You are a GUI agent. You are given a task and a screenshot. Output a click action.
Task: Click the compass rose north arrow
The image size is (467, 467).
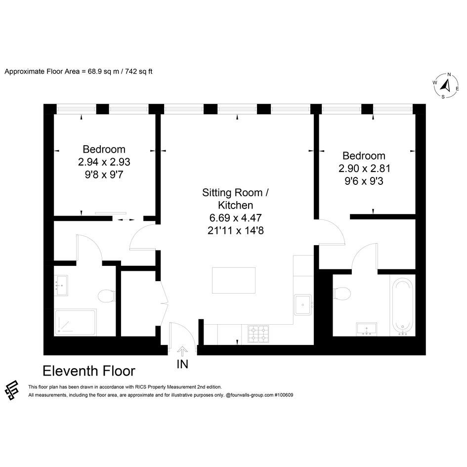(x=446, y=86)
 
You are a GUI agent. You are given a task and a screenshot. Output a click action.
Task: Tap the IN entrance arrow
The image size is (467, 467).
(x=182, y=352)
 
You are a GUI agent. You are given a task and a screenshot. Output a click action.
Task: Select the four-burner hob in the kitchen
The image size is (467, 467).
(x=258, y=334)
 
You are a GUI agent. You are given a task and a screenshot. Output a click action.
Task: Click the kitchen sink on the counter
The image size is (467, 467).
(x=303, y=305)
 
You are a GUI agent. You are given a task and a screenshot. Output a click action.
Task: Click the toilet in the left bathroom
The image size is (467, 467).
(x=106, y=296)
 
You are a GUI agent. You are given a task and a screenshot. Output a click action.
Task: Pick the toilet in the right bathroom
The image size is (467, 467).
(x=342, y=294)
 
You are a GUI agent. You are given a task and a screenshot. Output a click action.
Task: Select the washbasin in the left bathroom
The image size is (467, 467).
(x=61, y=285)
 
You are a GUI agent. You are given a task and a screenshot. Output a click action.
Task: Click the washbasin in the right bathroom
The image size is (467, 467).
(x=367, y=329)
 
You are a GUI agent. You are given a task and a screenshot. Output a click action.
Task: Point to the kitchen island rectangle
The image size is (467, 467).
(x=234, y=280)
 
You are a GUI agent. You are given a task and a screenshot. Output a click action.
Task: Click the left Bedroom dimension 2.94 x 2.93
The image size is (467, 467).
(x=104, y=162)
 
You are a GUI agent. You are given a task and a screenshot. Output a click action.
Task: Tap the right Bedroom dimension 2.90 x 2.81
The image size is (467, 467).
(x=364, y=169)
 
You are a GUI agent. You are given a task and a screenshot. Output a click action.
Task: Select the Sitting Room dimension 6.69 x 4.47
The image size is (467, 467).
(x=235, y=218)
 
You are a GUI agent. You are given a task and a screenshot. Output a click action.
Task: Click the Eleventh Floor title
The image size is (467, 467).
(x=89, y=371)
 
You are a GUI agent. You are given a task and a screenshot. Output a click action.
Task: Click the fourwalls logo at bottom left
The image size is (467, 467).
(x=12, y=390)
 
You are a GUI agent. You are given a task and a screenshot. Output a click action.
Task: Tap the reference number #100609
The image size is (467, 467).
(x=284, y=395)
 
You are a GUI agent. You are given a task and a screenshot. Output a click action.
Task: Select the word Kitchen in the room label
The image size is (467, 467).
(x=235, y=205)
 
